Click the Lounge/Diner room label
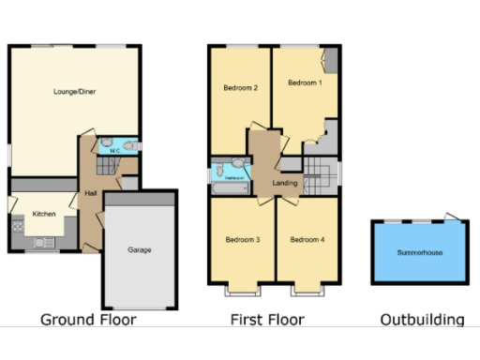tap(74, 92)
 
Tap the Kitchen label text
tap(44, 214)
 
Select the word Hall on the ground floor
tap(91, 193)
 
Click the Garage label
tap(140, 250)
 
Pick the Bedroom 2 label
tap(240, 89)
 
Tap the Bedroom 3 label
tap(243, 240)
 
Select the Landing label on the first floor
tap(285, 183)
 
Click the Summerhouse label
tap(417, 253)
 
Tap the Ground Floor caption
tap(88, 320)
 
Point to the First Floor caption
tap(267, 320)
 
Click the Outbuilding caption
tap(422, 320)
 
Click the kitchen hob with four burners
tap(16, 226)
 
